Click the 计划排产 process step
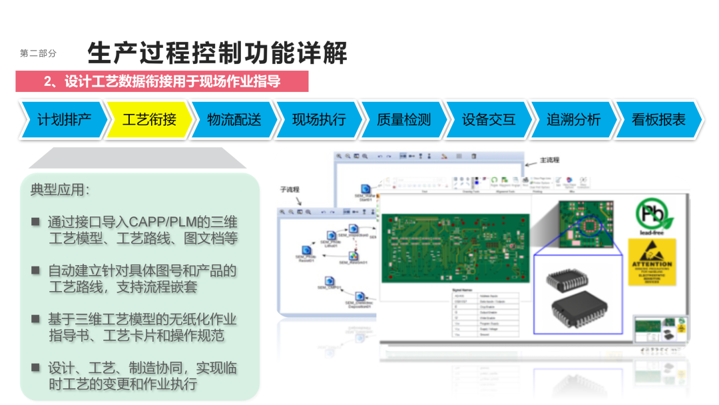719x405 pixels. click(64, 120)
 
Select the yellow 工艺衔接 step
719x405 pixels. click(149, 120)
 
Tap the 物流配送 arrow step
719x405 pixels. click(234, 120)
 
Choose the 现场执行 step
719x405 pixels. click(319, 120)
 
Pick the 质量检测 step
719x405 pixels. click(403, 120)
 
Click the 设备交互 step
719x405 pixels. click(489, 120)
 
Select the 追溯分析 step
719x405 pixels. click(573, 120)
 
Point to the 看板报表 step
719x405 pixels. click(658, 120)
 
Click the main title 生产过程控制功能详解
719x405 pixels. click(217, 52)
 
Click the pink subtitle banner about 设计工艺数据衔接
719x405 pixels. click(162, 81)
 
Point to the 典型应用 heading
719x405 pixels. click(59, 190)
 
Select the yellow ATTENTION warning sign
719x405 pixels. click(652, 262)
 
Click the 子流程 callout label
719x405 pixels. click(292, 190)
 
